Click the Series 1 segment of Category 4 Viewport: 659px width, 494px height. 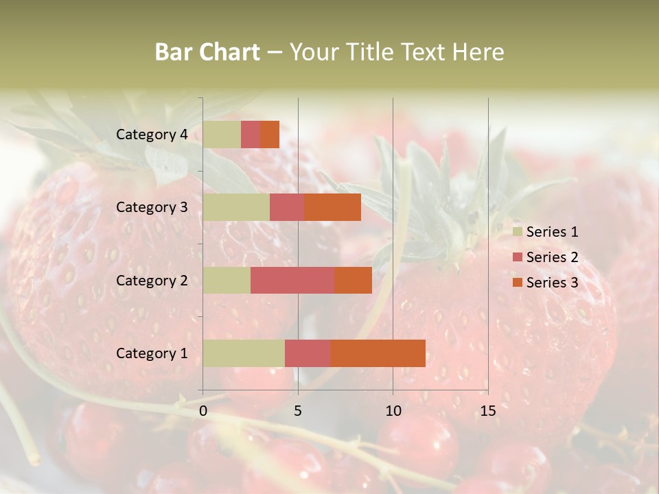pos(222,134)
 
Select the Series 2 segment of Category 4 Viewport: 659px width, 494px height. pos(251,134)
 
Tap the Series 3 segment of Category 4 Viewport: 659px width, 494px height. pos(270,134)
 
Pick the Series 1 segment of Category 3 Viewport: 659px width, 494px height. pos(236,207)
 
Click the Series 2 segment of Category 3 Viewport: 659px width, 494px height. pos(287,207)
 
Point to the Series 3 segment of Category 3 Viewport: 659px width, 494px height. pos(333,207)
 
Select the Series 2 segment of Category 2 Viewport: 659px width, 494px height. pos(292,280)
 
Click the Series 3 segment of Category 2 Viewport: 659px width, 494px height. pos(353,280)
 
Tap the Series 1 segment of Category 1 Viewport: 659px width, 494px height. pos(244,353)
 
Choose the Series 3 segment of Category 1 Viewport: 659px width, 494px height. pos(378,353)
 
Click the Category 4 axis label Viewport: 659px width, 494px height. pos(152,134)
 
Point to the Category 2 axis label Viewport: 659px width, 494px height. pos(152,280)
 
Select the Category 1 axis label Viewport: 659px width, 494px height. pos(152,353)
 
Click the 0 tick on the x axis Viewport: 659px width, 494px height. pos(203,411)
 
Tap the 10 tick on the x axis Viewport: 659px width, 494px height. pos(393,411)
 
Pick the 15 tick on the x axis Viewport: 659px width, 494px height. pos(487,411)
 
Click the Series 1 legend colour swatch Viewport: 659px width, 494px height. pos(517,232)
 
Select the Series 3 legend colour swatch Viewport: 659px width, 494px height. pos(517,283)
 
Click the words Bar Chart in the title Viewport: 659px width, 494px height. pos(207,52)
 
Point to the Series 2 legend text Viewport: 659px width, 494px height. pos(552,257)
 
